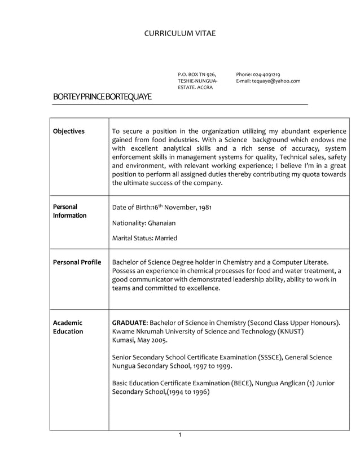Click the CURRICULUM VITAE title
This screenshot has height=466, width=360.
tap(179, 34)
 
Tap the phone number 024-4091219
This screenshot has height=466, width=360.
tap(267, 74)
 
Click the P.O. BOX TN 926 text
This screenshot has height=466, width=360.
tap(197, 74)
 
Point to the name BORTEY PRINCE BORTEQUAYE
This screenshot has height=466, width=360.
tap(102, 97)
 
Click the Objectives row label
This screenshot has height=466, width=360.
tap(68, 131)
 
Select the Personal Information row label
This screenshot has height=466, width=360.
tap(69, 211)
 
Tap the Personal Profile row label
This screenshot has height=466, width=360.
tap(77, 262)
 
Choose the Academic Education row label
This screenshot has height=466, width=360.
tap(68, 327)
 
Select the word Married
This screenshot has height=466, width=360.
tap(164, 238)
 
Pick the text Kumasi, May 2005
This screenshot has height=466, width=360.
tap(139, 341)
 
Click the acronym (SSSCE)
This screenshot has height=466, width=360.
tap(266, 357)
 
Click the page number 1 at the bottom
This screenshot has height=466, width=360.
tap(179, 434)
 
